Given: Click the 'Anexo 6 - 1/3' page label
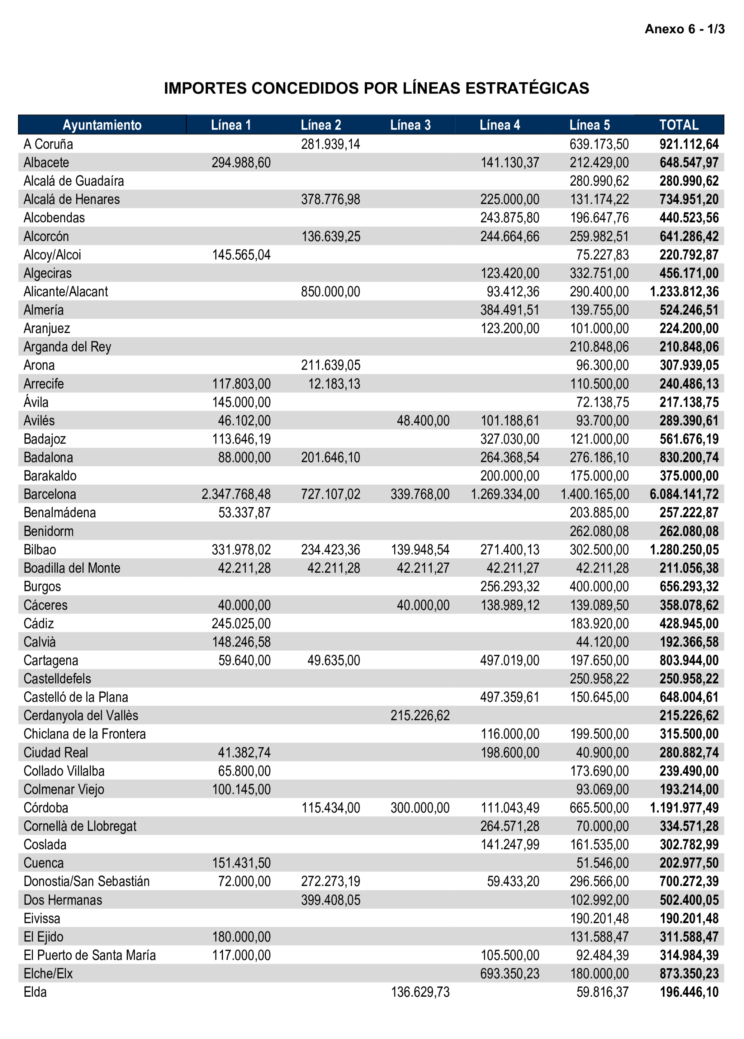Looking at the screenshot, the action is point(684,29).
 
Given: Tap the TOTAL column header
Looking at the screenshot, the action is point(679,125).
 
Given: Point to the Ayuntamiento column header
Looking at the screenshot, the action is point(102,125).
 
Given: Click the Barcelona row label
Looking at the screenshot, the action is point(50,494).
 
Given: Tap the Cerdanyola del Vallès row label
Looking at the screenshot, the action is point(80,716).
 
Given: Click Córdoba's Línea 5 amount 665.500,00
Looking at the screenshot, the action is point(599,808).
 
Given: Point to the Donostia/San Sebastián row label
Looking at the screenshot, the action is point(86,881).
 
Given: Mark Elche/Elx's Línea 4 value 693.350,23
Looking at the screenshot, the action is point(509,974).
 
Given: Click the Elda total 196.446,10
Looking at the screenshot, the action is point(689,992).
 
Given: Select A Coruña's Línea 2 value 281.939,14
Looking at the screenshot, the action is point(330,144).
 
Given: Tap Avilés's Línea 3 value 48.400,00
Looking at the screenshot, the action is point(423,421).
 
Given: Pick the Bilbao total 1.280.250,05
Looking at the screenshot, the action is point(684,550).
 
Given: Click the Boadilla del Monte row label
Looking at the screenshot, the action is point(72,568).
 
